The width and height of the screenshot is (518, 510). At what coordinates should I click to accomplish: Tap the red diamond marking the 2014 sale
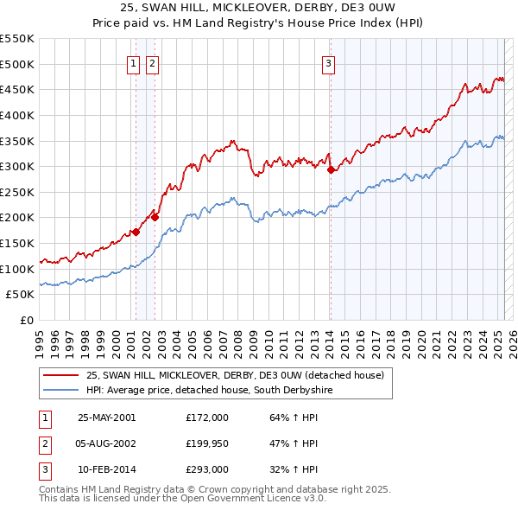coord(331,169)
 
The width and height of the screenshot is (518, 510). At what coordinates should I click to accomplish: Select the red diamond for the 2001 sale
coord(136,232)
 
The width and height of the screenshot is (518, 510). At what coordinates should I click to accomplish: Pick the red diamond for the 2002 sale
coord(155,217)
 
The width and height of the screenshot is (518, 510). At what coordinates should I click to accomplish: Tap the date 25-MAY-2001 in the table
coord(106,418)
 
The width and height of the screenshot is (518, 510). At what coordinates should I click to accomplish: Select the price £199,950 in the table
coord(207,443)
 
